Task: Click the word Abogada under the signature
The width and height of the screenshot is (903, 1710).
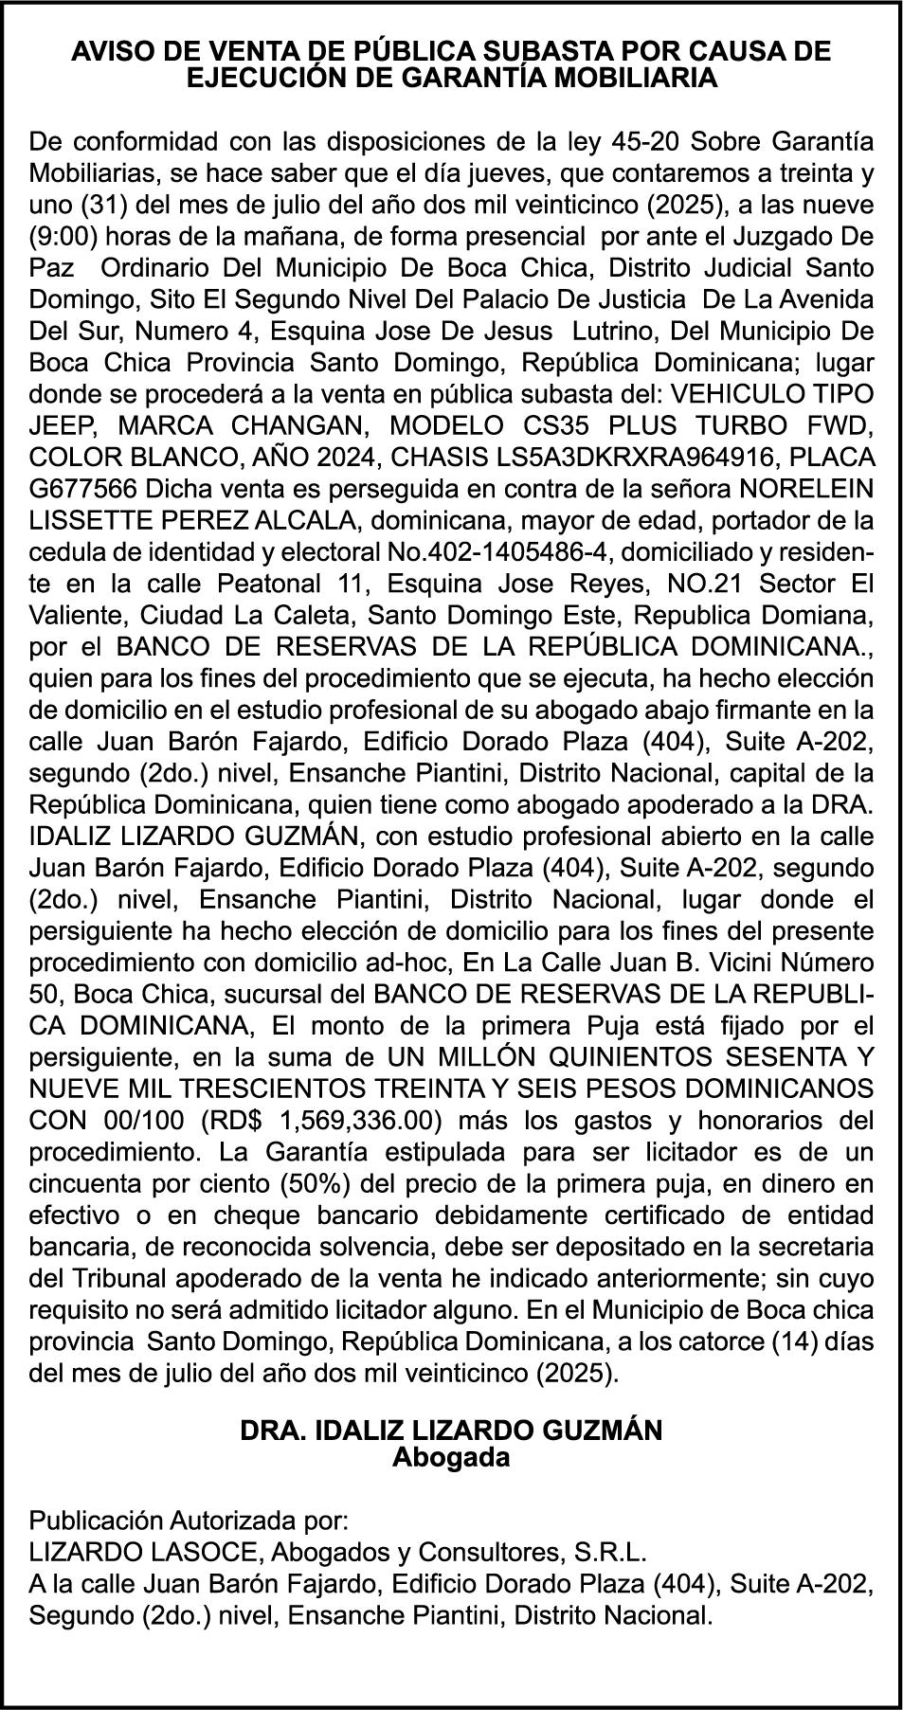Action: point(451,1457)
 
